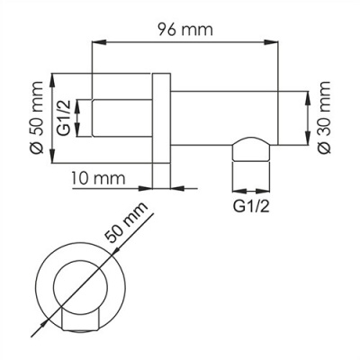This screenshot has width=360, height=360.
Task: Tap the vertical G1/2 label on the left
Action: (64, 117)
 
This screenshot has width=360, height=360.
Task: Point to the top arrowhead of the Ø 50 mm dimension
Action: (52, 75)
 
